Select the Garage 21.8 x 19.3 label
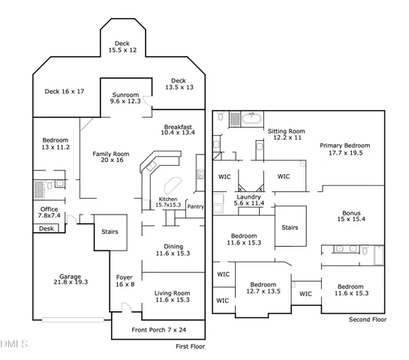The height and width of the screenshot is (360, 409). (x=71, y=280)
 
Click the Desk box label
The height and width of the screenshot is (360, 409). (x=47, y=229)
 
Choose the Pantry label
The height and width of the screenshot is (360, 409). (x=196, y=206)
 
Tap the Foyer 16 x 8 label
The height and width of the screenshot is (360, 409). (x=124, y=281)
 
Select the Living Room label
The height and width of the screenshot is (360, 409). (x=172, y=296)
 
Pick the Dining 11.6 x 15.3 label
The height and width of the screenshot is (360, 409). (x=173, y=250)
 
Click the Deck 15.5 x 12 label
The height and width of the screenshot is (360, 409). (x=122, y=46)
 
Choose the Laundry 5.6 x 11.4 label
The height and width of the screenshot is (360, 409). (x=248, y=200)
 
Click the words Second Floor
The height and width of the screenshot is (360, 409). (x=368, y=320)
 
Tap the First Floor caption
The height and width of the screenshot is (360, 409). (x=191, y=346)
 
